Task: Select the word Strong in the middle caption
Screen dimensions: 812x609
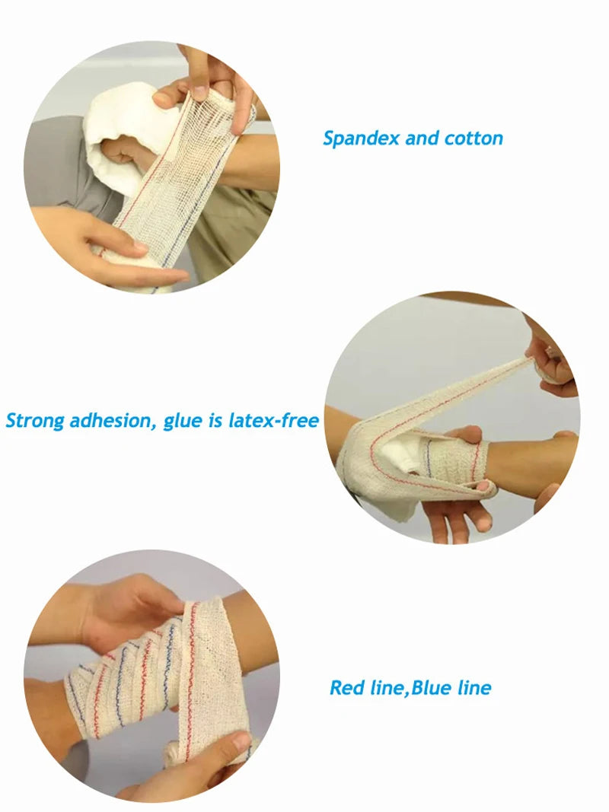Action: click(x=35, y=420)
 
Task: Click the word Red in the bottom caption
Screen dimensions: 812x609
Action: click(x=347, y=688)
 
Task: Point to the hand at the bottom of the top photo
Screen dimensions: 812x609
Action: click(x=129, y=251)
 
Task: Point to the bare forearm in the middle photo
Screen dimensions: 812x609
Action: click(x=533, y=464)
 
